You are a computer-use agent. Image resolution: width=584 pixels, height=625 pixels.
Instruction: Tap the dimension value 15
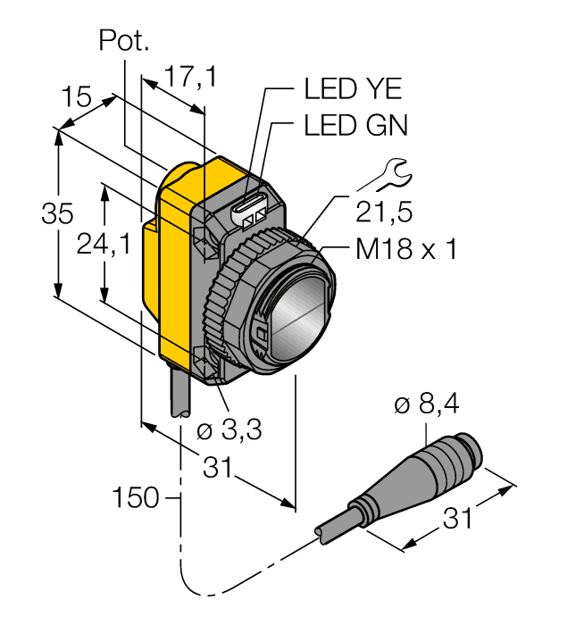pyautogui.click(x=78, y=96)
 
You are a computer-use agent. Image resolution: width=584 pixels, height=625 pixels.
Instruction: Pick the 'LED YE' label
pyautogui.click(x=354, y=89)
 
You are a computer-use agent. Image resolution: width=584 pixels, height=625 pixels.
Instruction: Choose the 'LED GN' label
pyautogui.click(x=355, y=126)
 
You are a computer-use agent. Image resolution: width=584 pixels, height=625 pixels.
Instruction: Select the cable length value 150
pyautogui.click(x=136, y=496)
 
